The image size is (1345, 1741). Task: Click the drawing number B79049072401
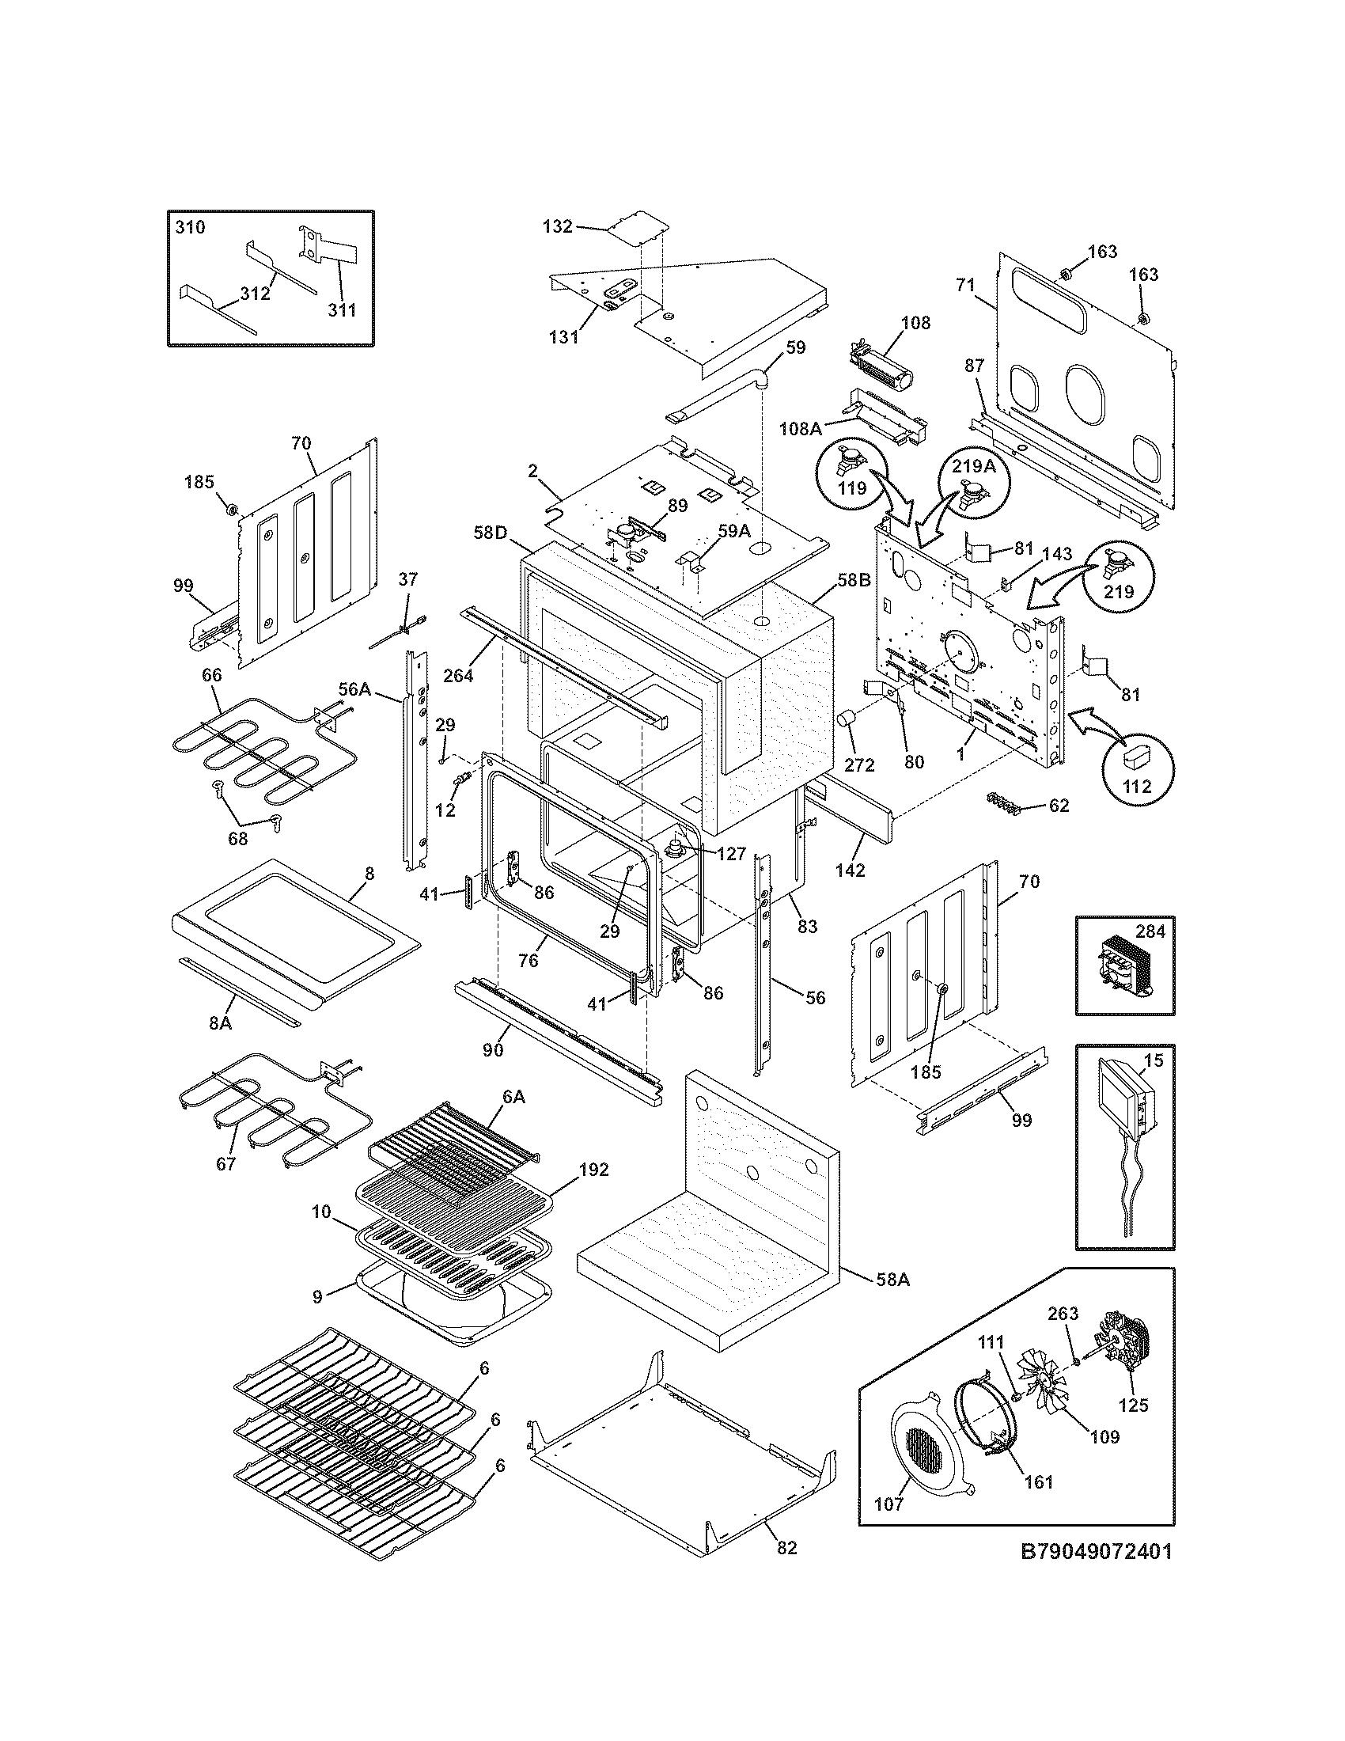pyautogui.click(x=1097, y=1552)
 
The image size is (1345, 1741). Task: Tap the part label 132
pyautogui.click(x=557, y=226)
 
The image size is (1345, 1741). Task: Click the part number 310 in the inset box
pyautogui.click(x=190, y=227)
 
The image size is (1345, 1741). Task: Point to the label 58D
pyautogui.click(x=491, y=532)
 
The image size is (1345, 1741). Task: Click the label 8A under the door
pyautogui.click(x=220, y=1022)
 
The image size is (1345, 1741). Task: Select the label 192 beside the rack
pyautogui.click(x=593, y=1170)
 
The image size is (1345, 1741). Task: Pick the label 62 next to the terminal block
pyautogui.click(x=1058, y=805)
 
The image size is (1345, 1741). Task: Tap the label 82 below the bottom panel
pyautogui.click(x=786, y=1548)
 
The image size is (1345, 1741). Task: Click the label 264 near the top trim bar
pyautogui.click(x=458, y=675)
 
